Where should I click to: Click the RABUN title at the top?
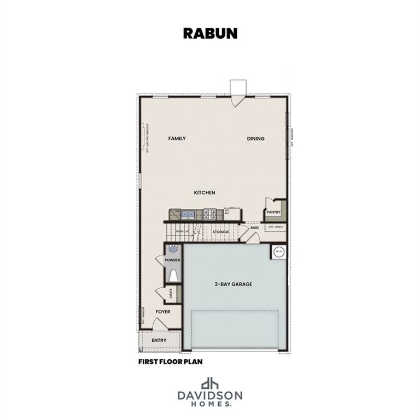click(210, 33)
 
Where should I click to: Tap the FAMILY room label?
click(177, 139)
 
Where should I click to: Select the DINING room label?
click(255, 139)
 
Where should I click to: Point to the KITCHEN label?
click(205, 192)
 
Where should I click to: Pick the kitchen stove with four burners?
click(210, 214)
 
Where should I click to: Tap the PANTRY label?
click(273, 212)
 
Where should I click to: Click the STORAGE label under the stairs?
click(221, 232)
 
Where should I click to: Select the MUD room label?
click(254, 227)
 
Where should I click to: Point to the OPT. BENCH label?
click(275, 226)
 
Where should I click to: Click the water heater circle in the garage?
click(278, 252)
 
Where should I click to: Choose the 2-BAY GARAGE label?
click(233, 284)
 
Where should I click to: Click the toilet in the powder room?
click(173, 275)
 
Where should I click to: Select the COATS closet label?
click(171, 294)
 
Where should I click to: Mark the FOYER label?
click(162, 312)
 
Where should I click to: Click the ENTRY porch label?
click(159, 341)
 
